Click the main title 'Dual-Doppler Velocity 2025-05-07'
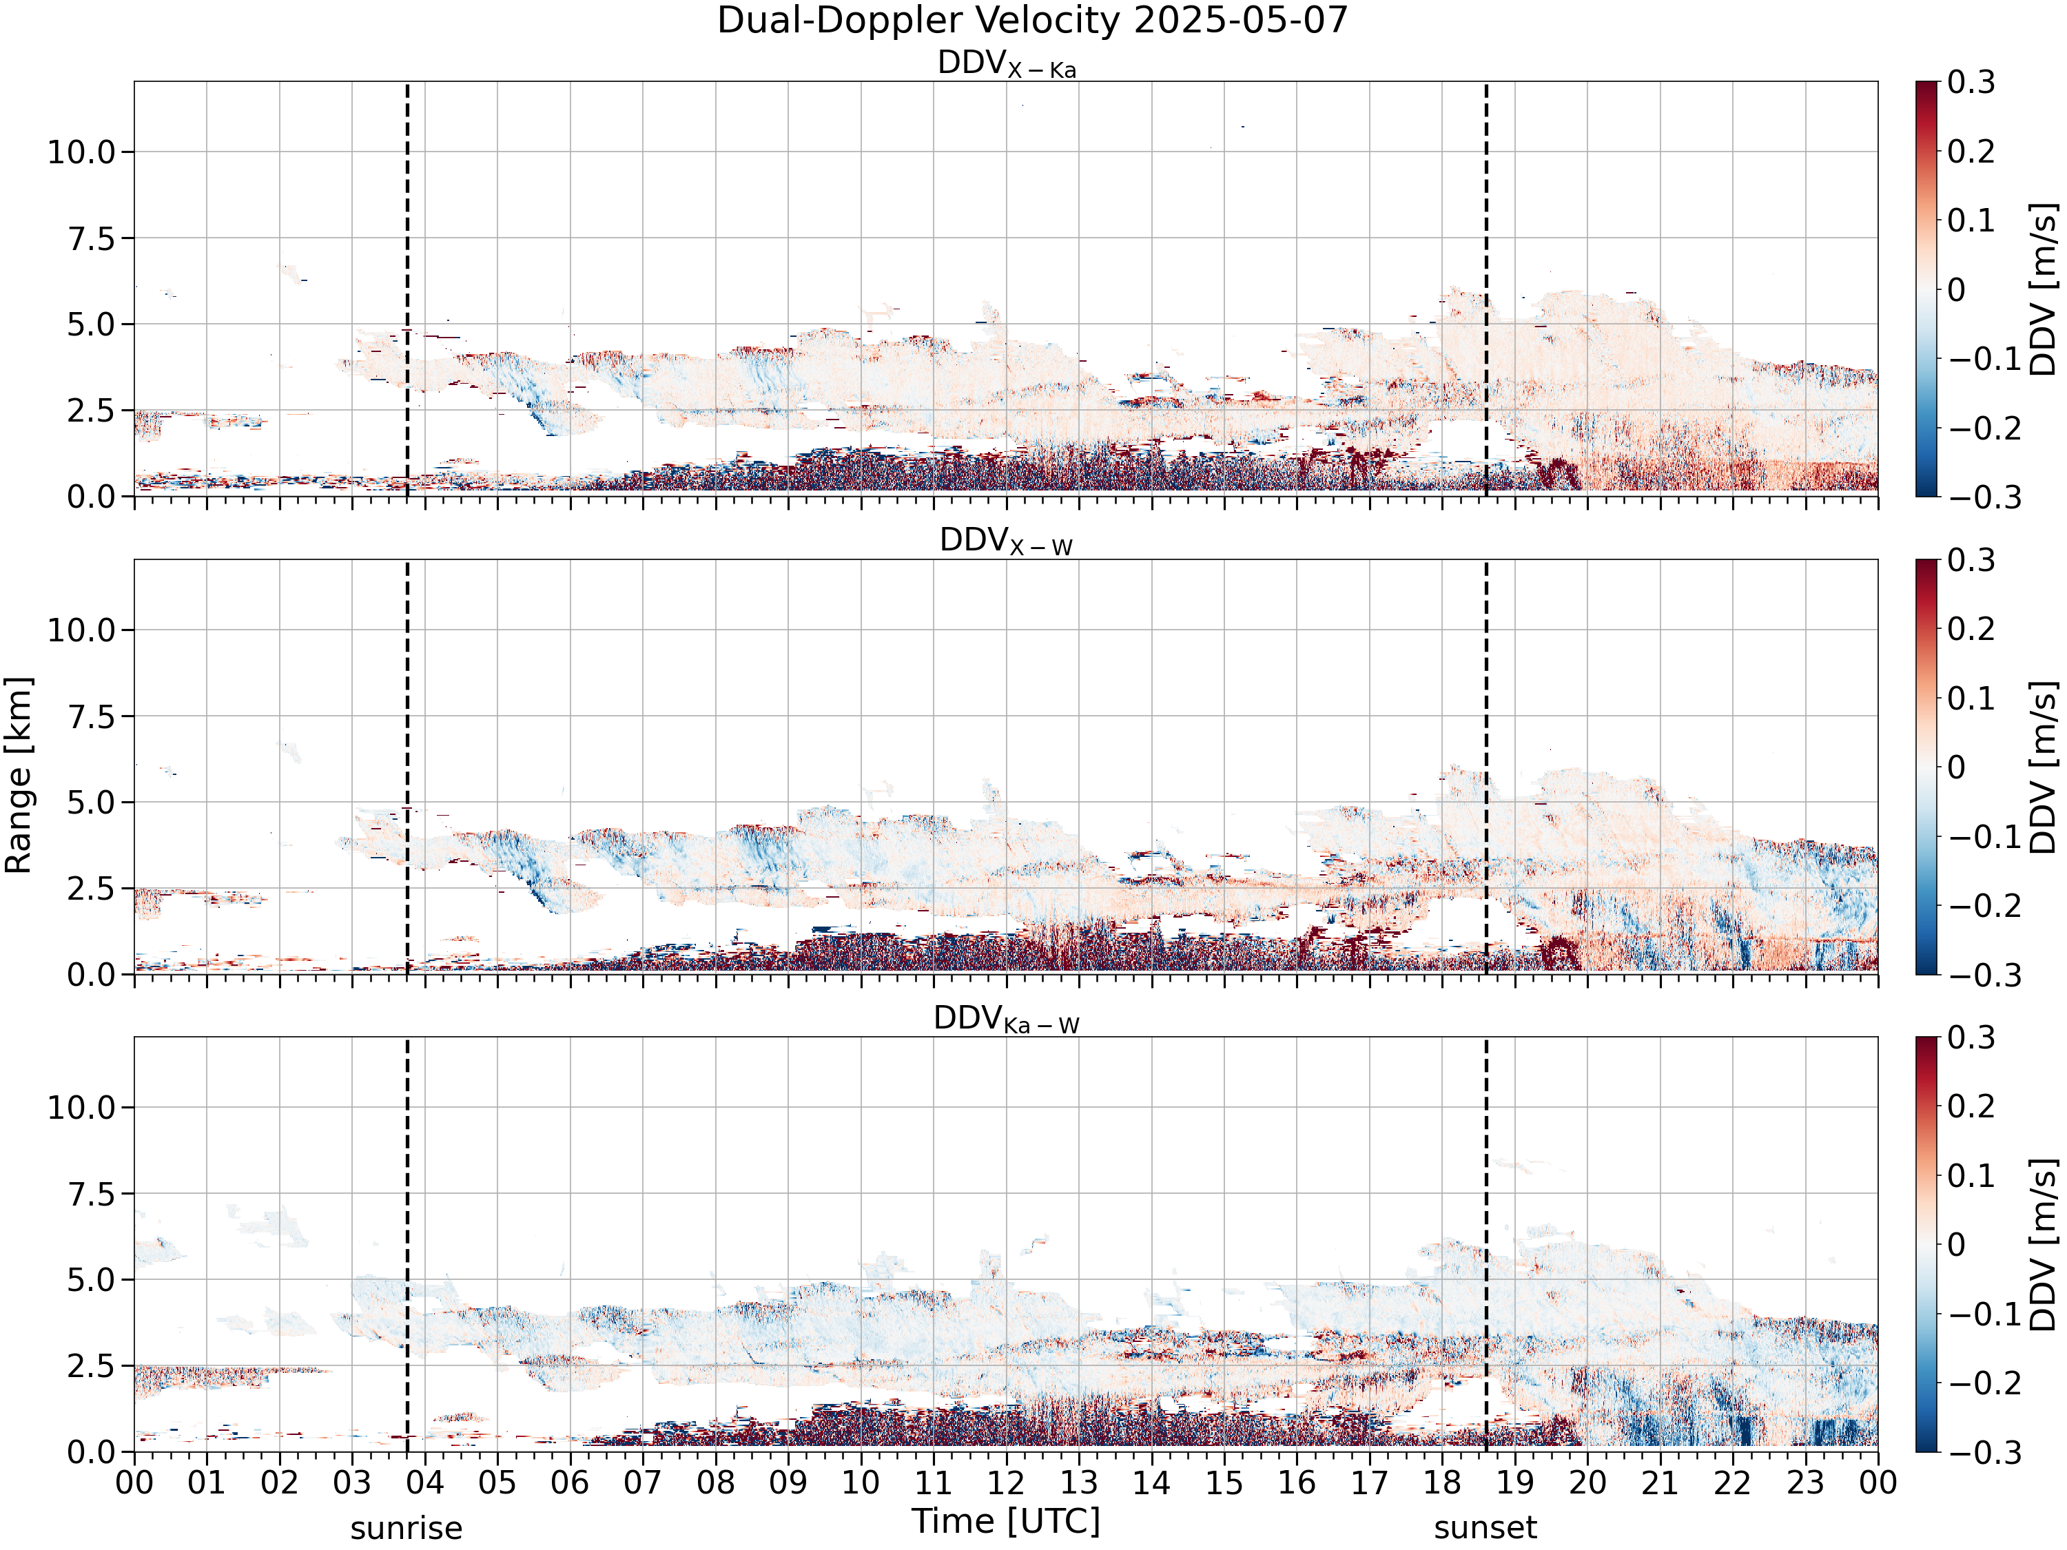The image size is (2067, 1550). point(1033,21)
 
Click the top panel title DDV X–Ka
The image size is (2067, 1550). point(1007,65)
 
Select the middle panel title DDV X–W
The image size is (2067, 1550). point(1007,542)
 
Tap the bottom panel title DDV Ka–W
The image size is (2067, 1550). point(1007,1020)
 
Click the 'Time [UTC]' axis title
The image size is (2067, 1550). point(1007,1522)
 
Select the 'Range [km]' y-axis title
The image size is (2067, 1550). point(19,776)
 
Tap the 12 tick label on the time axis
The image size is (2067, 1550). point(1007,1482)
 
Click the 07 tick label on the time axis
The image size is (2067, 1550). point(643,1482)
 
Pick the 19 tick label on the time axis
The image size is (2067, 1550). point(1514,1482)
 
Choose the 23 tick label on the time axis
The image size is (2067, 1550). point(1805,1482)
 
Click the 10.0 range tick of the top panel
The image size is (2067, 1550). point(81,152)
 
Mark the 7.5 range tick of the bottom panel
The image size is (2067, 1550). point(92,1194)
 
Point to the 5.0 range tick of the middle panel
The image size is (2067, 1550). point(92,803)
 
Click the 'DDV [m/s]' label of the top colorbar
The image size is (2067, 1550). point(2044,289)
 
